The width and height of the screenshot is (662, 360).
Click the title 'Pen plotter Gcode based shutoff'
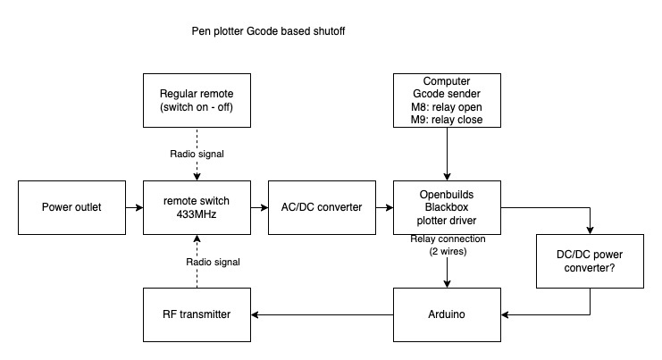coord(268,30)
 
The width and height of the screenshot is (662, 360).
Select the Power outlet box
coord(71,207)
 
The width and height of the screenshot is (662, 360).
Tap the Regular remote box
coord(197,100)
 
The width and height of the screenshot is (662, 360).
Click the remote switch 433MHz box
coord(197,207)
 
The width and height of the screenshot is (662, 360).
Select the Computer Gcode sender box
coord(447,100)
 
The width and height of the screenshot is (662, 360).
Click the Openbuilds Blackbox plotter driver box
coord(447,207)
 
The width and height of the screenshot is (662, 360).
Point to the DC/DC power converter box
coord(590,261)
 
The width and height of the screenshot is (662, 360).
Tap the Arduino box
coord(447,314)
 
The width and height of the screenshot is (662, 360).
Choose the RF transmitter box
coord(197,314)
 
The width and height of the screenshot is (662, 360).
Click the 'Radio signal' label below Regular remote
coord(197,154)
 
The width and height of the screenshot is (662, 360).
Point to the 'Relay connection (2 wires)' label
coord(447,245)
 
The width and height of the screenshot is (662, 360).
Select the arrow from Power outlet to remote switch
coord(134,207)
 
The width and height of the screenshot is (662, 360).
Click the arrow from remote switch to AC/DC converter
coord(259,207)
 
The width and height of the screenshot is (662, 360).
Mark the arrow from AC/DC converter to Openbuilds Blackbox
coord(384,207)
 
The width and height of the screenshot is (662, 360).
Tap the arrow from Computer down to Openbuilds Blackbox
coord(447,154)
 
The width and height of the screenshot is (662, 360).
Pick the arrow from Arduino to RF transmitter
coord(322,314)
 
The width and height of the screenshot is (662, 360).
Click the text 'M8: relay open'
coord(447,108)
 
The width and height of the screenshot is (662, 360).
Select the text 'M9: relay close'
coord(447,120)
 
